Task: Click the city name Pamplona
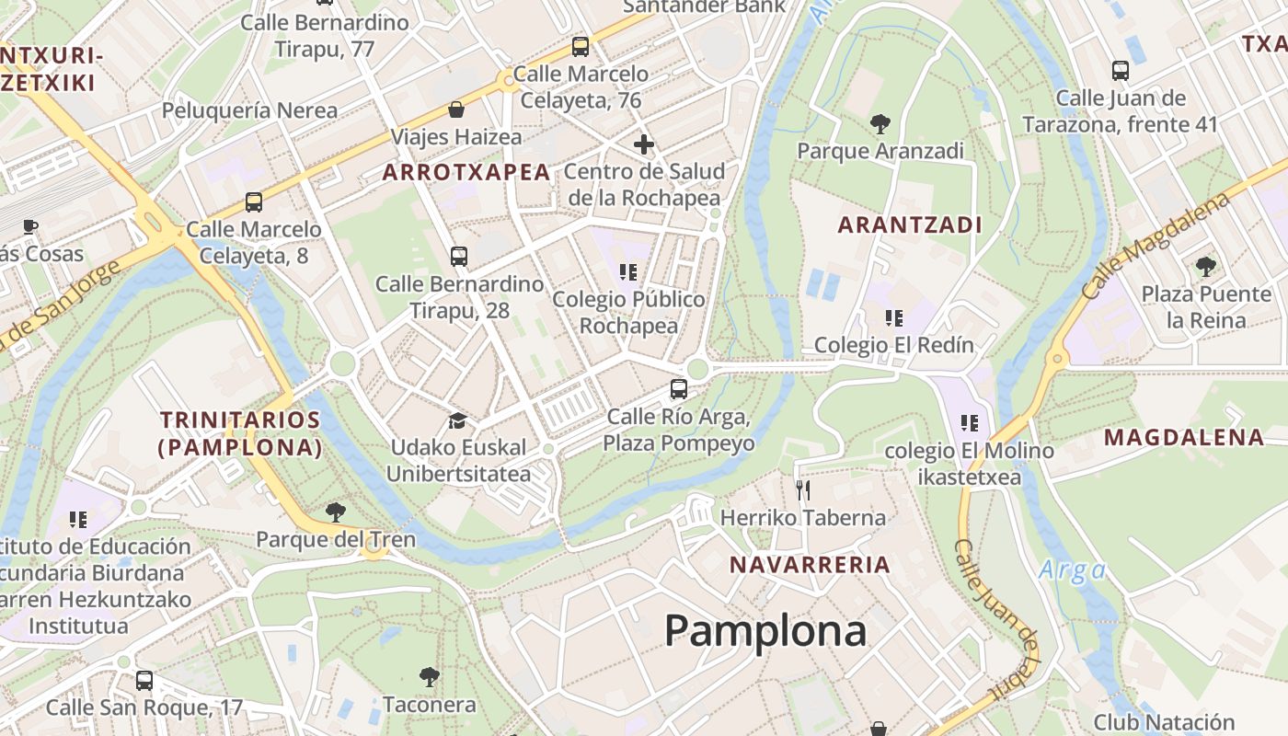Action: point(765,631)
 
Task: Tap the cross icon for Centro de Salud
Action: point(644,144)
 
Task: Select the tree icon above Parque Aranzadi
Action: point(880,123)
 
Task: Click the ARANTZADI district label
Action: point(910,224)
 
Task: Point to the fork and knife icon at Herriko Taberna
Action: point(803,489)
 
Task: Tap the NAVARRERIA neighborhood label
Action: point(810,565)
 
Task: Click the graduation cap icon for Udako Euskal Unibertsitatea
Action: point(457,420)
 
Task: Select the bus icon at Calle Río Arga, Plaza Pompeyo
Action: point(679,389)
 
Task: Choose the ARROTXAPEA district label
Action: point(466,172)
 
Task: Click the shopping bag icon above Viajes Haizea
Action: point(456,110)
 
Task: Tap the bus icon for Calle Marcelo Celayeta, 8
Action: point(254,201)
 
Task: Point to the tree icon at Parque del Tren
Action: point(336,512)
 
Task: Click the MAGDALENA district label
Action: point(1184,437)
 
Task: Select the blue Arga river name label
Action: point(1072,570)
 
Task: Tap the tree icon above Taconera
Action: point(429,678)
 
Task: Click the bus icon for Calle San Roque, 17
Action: point(144,681)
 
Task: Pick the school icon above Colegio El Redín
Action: point(893,318)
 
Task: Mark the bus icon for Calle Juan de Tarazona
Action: point(1120,71)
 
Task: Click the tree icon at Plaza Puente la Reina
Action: point(1205,267)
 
